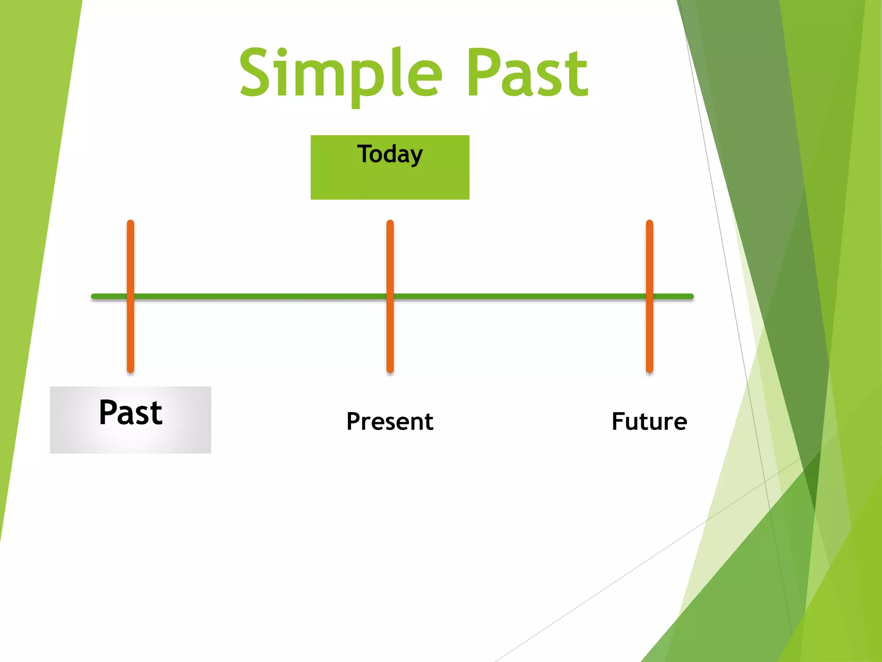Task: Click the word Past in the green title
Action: (x=527, y=73)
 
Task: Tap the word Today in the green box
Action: (x=390, y=154)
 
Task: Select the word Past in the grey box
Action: (x=130, y=413)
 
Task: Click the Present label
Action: (x=390, y=421)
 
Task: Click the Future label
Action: (x=649, y=421)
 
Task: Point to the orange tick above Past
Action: (x=130, y=259)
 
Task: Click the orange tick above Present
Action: (x=390, y=259)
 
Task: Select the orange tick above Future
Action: (x=649, y=259)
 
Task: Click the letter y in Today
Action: (x=416, y=156)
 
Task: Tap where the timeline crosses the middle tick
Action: (x=390, y=297)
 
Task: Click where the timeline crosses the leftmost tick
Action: (x=130, y=297)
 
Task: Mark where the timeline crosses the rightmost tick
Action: (x=649, y=297)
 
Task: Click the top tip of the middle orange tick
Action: (x=390, y=222)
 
